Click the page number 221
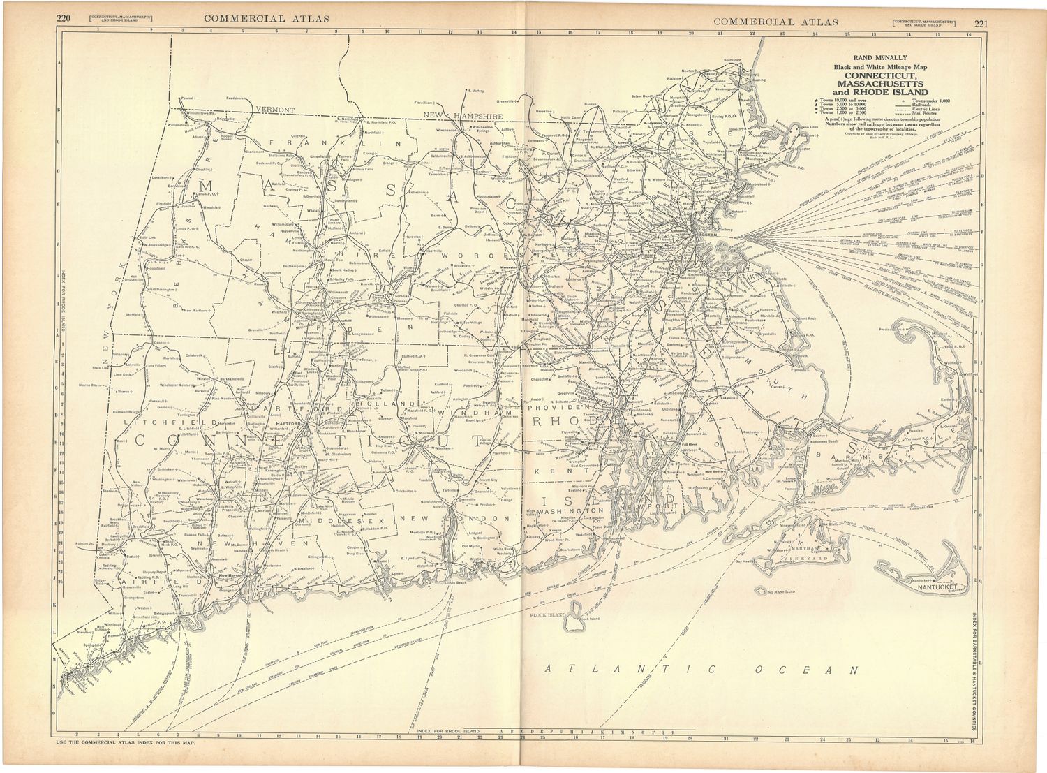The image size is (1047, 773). (x=981, y=22)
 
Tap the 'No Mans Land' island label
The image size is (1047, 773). (x=780, y=591)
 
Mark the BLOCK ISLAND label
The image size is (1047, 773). (x=547, y=615)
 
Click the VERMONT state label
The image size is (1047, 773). (x=275, y=110)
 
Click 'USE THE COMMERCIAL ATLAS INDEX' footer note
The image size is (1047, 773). (x=126, y=742)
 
